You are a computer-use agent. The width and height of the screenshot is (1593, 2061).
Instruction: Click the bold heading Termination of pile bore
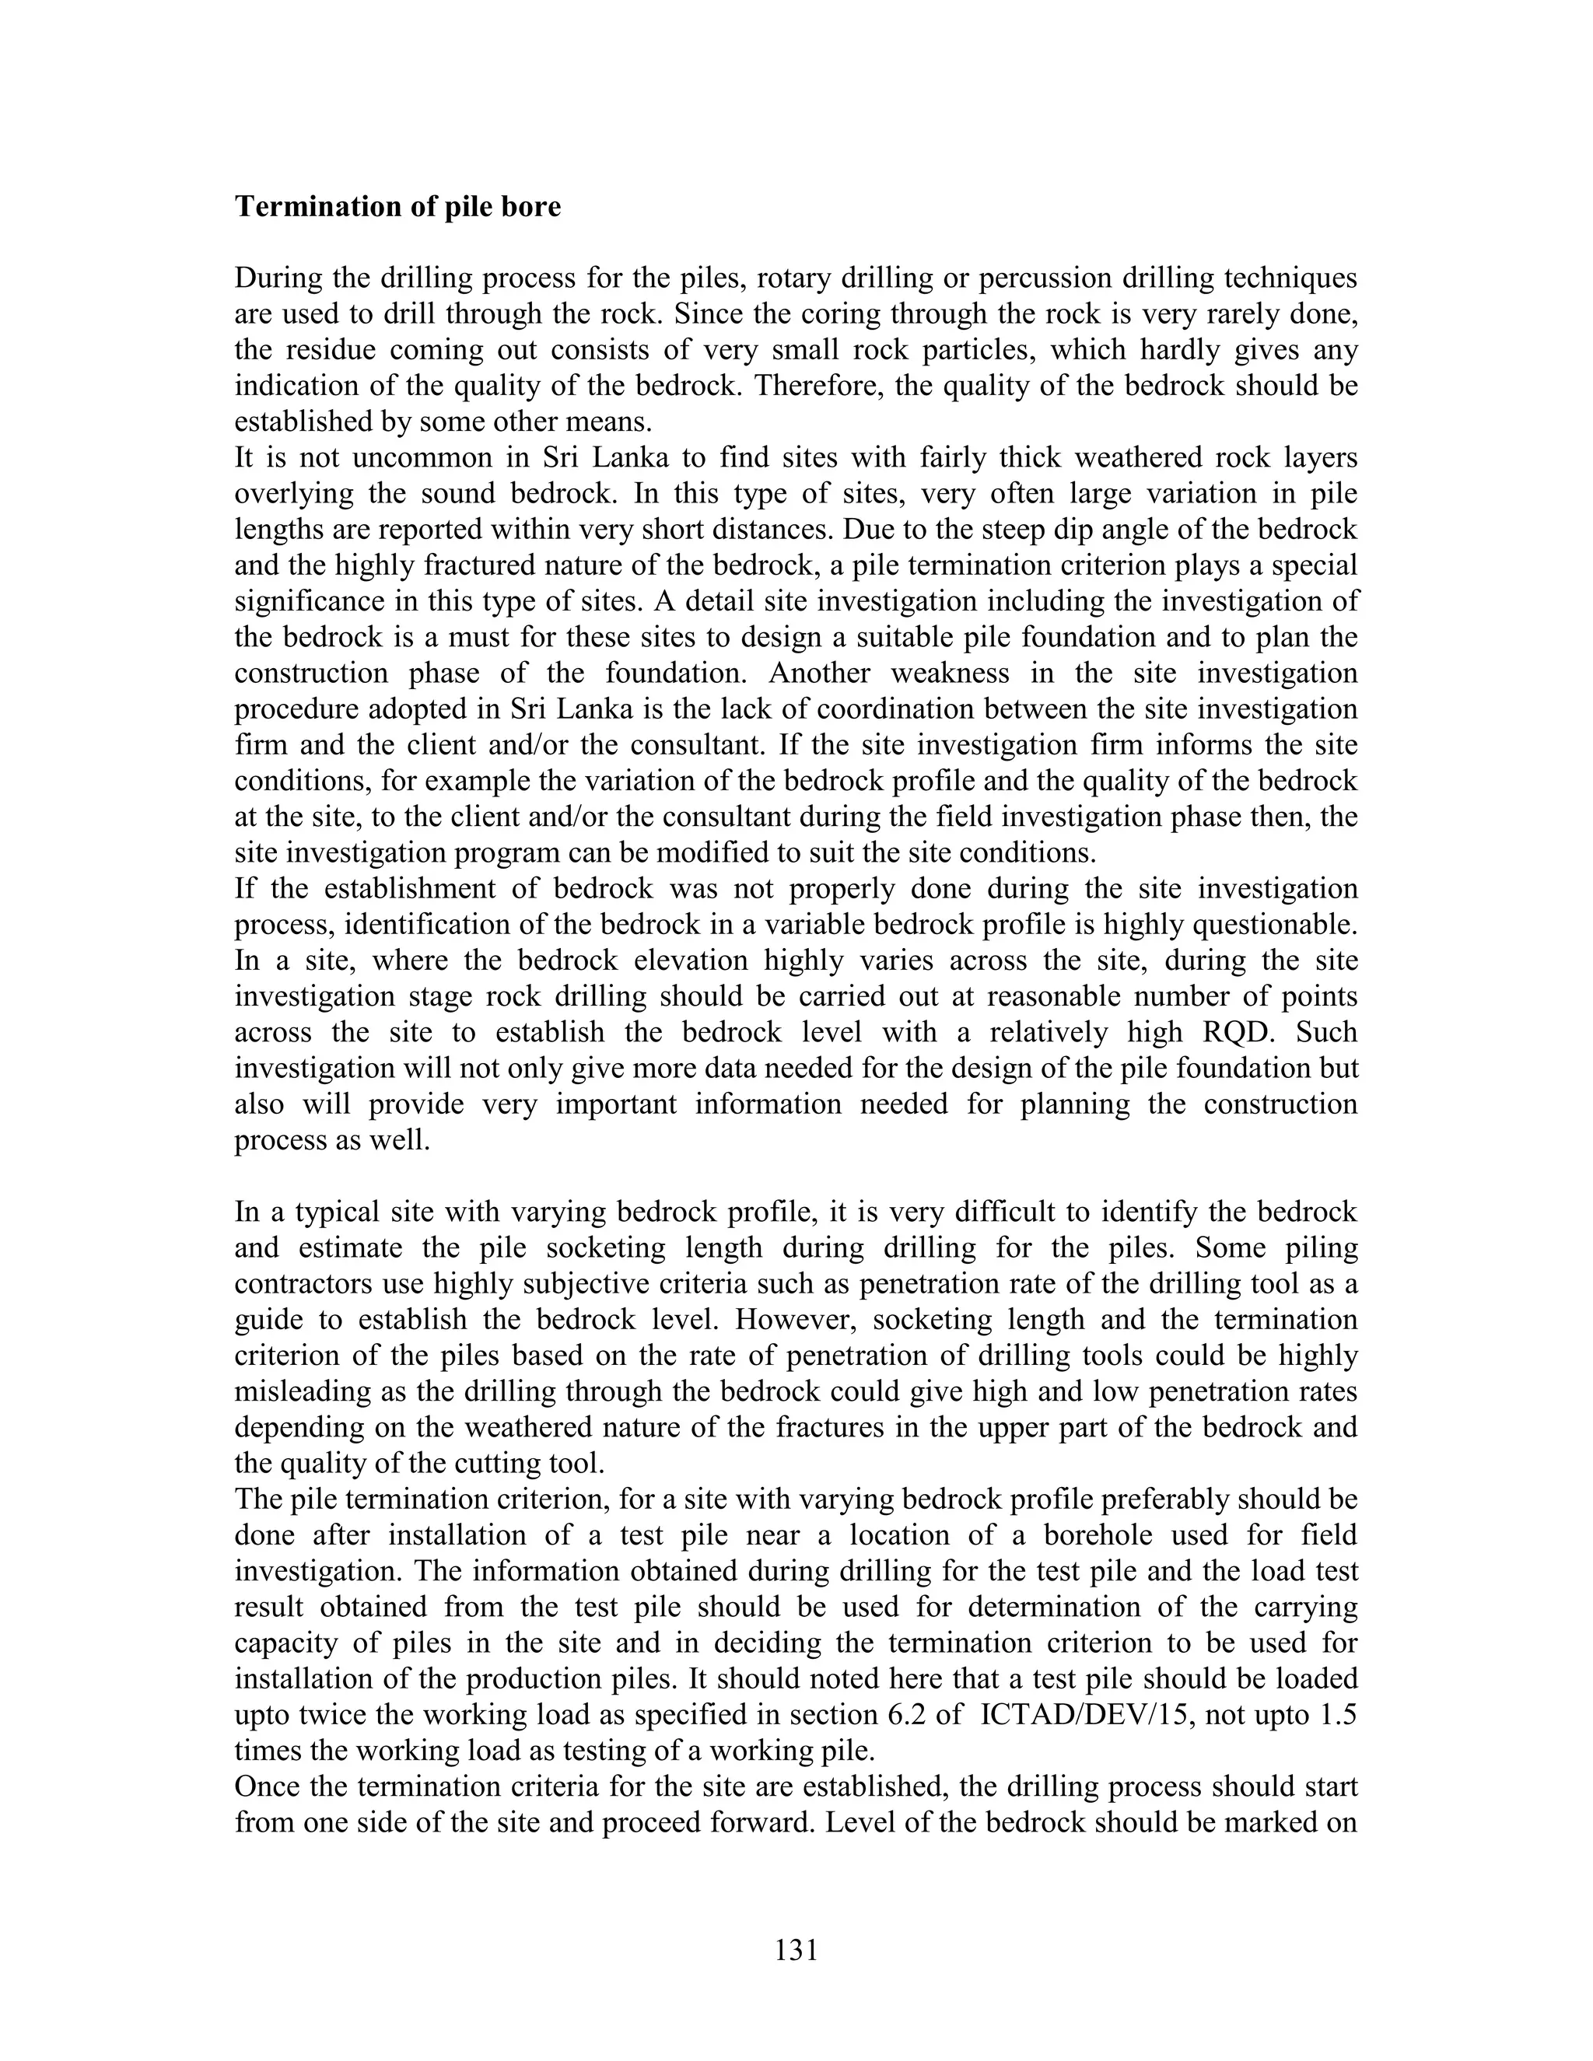pyautogui.click(x=397, y=207)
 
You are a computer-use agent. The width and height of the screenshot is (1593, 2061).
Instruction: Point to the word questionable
pyautogui.click(x=1275, y=924)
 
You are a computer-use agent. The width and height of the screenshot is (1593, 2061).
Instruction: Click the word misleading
pyautogui.click(x=300, y=1391)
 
